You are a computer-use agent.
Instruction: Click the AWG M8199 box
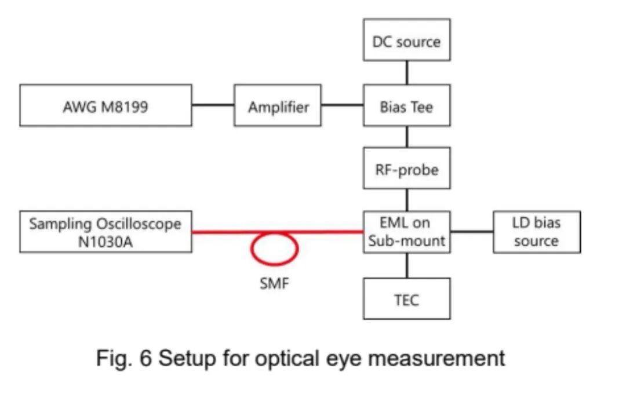[105, 105]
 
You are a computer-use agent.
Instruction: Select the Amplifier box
[278, 105]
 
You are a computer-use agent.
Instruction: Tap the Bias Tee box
[406, 105]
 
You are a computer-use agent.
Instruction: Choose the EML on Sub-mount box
[406, 232]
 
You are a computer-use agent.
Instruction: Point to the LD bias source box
[536, 232]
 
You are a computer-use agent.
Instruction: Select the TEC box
[406, 299]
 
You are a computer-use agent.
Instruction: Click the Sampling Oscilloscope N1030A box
[105, 232]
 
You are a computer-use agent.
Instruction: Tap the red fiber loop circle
[274, 248]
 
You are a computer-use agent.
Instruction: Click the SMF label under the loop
[274, 284]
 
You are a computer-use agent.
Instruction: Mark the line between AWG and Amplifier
[213, 105]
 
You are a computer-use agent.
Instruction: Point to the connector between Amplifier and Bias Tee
[342, 105]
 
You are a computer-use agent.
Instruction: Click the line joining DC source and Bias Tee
[406, 72]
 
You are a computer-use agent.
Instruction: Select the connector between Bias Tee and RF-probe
[406, 137]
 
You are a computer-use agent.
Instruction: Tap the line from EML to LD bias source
[472, 232]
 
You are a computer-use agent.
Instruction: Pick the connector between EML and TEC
[406, 266]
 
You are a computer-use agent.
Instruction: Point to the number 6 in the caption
[145, 358]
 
